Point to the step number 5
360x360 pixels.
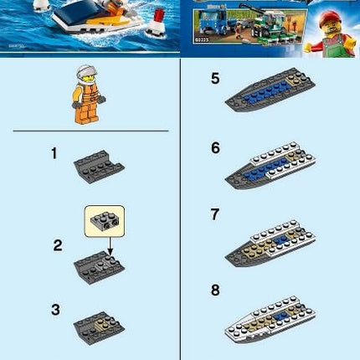coord(215,80)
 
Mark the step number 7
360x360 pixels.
coord(215,215)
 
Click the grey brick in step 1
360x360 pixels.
coord(99,164)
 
